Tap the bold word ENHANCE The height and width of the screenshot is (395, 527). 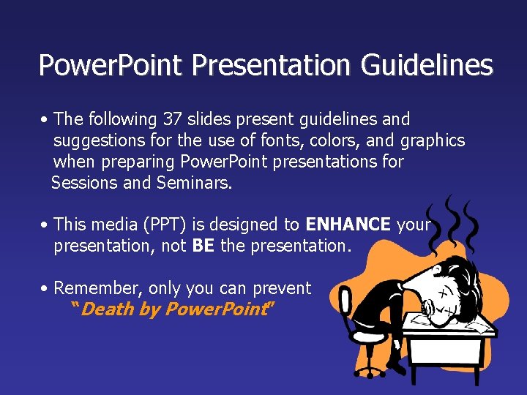(348, 225)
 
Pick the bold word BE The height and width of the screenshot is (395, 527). (203, 246)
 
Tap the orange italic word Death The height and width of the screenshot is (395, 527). (108, 309)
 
